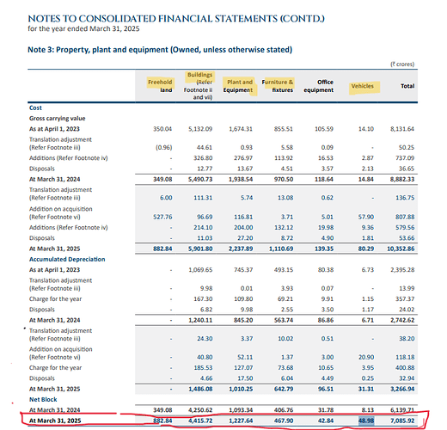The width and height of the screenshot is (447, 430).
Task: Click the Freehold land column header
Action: click(161, 86)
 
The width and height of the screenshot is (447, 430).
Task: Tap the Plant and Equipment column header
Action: click(238, 86)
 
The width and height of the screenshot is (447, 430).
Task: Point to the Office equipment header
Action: click(327, 86)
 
